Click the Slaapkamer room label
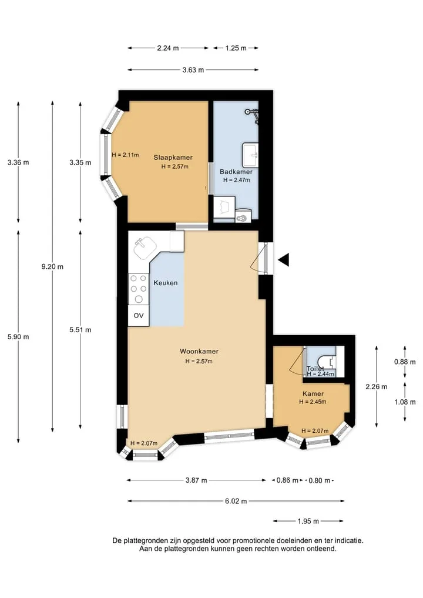(x=173, y=157)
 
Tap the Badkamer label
(x=236, y=172)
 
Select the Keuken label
(x=166, y=283)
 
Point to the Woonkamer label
(x=199, y=351)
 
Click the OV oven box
(x=138, y=315)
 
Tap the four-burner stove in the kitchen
(x=138, y=289)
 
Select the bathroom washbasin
(x=250, y=155)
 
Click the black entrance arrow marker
(x=284, y=260)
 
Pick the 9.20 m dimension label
(x=53, y=266)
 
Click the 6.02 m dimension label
(x=236, y=501)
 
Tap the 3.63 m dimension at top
(x=193, y=70)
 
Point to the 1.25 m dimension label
(x=236, y=48)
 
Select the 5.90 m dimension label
(x=18, y=337)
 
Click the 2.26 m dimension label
(x=377, y=387)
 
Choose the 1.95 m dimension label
(x=308, y=521)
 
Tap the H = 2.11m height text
(x=125, y=155)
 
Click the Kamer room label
(x=313, y=393)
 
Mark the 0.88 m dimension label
(x=405, y=362)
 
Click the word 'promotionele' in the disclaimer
(x=252, y=540)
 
